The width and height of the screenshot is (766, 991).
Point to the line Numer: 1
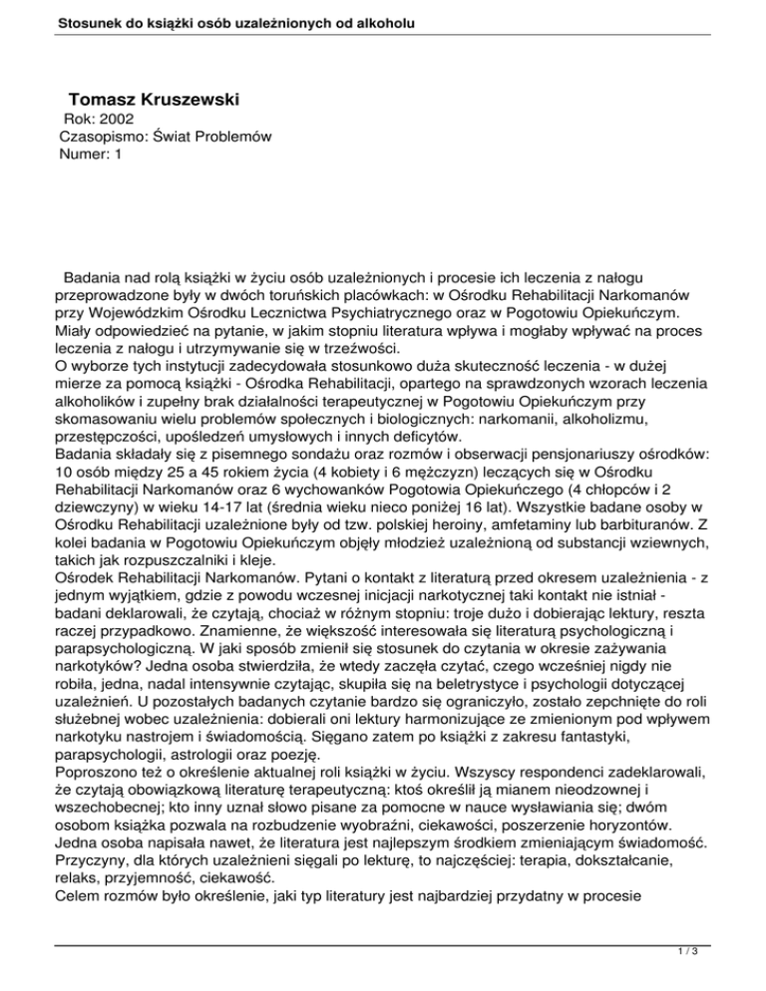pyautogui.click(x=91, y=156)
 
